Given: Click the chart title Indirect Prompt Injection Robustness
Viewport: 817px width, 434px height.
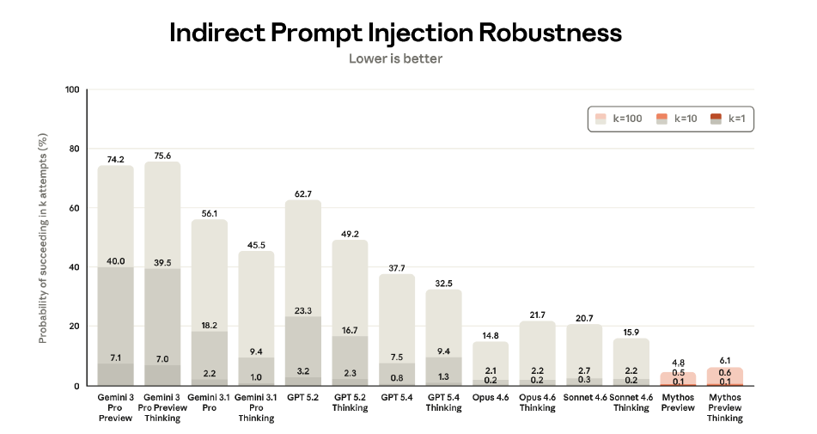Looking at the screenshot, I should click(395, 33).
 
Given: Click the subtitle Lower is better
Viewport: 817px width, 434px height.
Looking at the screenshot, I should click(395, 59).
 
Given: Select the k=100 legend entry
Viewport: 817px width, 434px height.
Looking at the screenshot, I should click(621, 119).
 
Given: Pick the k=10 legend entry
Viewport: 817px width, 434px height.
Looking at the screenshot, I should click(678, 119).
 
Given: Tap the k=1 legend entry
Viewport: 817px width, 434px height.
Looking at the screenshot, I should click(729, 119).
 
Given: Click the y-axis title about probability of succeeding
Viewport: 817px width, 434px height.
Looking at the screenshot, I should click(42, 238).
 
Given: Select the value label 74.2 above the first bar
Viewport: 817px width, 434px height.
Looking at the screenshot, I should click(115, 159).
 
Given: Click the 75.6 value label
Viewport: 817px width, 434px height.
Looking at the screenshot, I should click(162, 155).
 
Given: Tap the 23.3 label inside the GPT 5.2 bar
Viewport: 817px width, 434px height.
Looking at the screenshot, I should click(302, 310).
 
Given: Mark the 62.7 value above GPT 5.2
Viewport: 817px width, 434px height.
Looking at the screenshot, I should click(302, 193).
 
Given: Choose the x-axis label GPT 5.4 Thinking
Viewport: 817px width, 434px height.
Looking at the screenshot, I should click(443, 402).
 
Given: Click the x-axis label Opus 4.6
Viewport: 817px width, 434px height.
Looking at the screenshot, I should click(491, 398).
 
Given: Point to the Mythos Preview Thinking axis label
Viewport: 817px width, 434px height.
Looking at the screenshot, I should click(725, 407).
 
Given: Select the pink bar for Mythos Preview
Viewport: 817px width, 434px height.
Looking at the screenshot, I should click(679, 378).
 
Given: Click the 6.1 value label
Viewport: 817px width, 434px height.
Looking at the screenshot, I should click(725, 361).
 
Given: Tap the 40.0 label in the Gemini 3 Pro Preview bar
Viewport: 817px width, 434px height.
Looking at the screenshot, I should click(115, 260).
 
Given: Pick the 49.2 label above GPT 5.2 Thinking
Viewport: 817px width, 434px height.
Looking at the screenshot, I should click(350, 233).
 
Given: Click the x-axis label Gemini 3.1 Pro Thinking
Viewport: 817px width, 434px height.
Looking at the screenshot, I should click(255, 407).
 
